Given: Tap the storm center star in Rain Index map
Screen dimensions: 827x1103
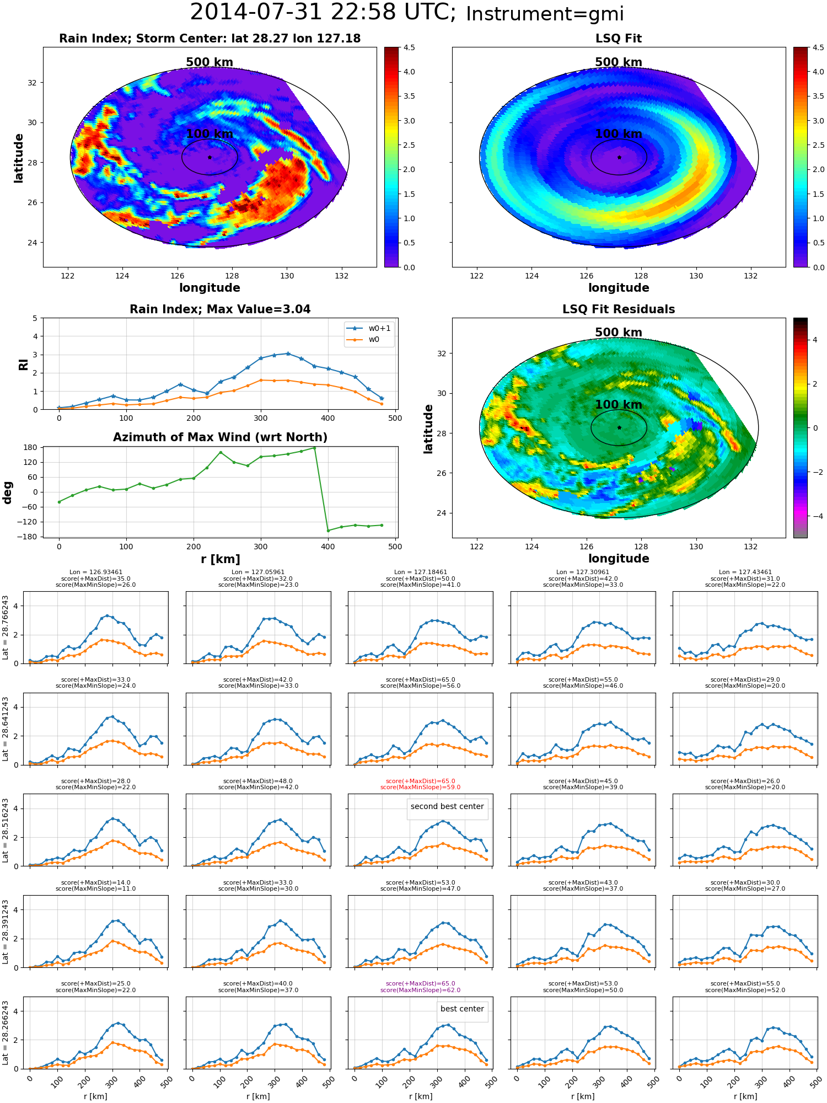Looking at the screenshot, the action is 210,157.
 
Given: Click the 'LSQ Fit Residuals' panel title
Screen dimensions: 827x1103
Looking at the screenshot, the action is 619,309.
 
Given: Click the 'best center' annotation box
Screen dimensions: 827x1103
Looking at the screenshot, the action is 462,1009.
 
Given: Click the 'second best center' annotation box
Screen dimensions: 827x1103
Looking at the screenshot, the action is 447,806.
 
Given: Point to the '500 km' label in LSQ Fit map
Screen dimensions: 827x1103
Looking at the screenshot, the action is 619,62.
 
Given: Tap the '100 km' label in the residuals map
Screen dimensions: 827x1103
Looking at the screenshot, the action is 619,405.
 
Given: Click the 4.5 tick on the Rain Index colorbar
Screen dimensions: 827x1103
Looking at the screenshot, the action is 409,47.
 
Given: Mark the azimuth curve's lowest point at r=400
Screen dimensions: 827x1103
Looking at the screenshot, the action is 328,531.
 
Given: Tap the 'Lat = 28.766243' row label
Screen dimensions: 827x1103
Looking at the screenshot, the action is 6,627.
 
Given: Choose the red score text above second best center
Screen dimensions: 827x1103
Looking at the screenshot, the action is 420,784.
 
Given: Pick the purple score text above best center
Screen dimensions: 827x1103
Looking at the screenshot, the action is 420,987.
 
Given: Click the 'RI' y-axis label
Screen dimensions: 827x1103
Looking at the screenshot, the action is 23,364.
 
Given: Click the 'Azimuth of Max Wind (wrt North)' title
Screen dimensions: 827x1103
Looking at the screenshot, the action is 221,437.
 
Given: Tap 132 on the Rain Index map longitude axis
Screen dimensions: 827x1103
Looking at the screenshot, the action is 341,276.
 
